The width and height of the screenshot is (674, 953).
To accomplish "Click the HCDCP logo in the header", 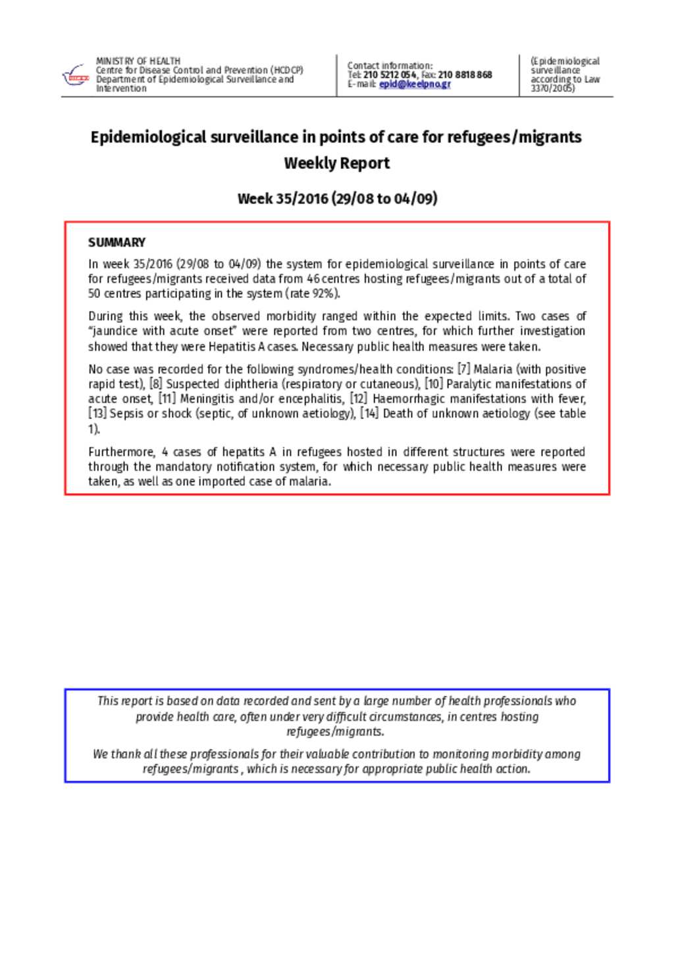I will click(74, 76).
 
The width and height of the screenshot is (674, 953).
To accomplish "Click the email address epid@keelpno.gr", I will click(415, 84).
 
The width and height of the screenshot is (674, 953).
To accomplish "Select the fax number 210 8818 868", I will click(465, 75).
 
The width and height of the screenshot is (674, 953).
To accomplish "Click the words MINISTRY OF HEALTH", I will click(138, 61).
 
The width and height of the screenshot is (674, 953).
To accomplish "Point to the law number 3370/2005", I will click(552, 88).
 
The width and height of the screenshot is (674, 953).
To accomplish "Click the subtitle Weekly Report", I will click(336, 163).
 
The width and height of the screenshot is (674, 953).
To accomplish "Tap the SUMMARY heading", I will click(117, 242).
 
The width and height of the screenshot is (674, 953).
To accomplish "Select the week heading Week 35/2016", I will click(282, 199).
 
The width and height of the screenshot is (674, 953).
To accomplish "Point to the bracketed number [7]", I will click(463, 369).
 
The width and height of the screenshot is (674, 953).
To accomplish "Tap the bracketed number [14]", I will click(369, 414).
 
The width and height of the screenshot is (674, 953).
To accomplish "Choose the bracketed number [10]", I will click(433, 384).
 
